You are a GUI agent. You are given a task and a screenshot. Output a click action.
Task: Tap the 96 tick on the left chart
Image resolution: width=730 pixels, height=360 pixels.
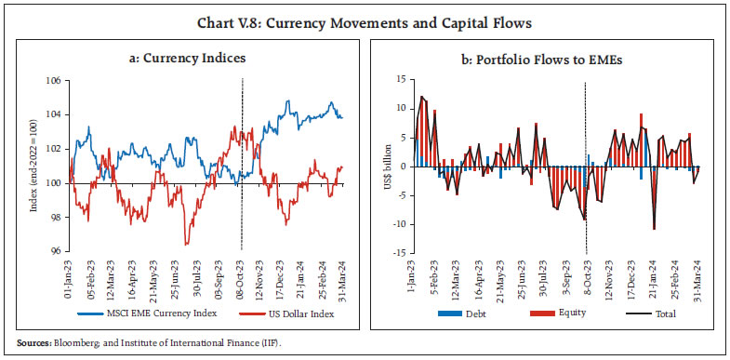point(56,251)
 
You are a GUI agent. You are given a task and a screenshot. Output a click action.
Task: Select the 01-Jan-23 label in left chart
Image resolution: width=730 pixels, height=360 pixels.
point(67,277)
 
